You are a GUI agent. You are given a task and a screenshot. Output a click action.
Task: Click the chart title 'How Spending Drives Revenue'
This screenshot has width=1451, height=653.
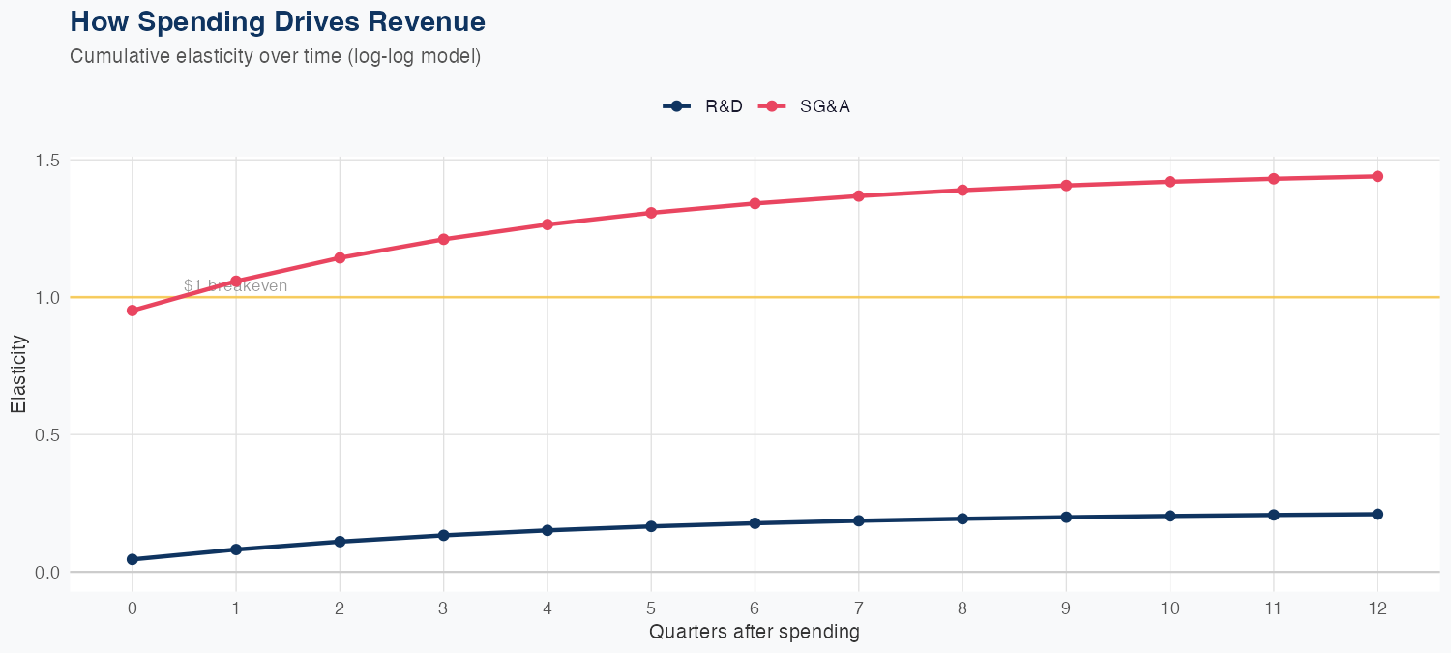point(278,21)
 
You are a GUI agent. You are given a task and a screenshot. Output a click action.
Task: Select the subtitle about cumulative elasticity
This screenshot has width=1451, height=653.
point(275,56)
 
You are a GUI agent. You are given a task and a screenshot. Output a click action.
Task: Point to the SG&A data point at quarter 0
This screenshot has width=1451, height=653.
point(132,311)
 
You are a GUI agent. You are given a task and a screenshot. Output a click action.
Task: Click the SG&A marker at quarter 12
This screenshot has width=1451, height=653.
point(1377,176)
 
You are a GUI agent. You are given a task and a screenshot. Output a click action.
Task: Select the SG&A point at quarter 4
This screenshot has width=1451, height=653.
point(548,224)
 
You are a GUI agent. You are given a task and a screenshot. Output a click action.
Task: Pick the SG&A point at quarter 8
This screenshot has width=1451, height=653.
point(962,190)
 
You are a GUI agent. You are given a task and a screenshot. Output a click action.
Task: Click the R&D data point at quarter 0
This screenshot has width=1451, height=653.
point(132,559)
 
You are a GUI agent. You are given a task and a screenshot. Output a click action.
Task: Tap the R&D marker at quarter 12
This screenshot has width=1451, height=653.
point(1377,514)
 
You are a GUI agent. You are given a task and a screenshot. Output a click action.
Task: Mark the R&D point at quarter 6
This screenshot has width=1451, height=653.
point(755,523)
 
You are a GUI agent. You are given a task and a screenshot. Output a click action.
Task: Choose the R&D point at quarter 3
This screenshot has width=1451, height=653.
point(443,535)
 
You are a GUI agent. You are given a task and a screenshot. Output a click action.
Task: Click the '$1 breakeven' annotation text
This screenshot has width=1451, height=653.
point(235,286)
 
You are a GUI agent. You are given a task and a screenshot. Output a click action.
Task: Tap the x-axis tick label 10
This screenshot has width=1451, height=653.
point(1170,608)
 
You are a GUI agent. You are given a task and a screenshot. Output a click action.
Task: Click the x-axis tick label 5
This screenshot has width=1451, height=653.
point(651,608)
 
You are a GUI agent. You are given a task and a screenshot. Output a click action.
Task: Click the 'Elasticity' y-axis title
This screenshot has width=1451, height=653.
point(18,373)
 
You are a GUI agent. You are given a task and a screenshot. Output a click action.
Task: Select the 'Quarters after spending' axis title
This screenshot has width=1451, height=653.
point(755,633)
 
